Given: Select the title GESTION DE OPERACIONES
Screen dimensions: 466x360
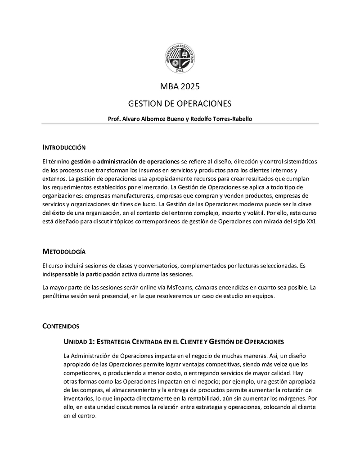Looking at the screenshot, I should pyautogui.click(x=180, y=104).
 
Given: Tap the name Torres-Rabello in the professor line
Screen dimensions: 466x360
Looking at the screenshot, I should pyautogui.click(x=230, y=119).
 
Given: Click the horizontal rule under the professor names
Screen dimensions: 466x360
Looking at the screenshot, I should pyautogui.click(x=180, y=124).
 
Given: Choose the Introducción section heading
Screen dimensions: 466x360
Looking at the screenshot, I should pyautogui.click(x=63, y=147).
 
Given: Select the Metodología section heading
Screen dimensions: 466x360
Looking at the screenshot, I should pyautogui.click(x=63, y=251).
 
